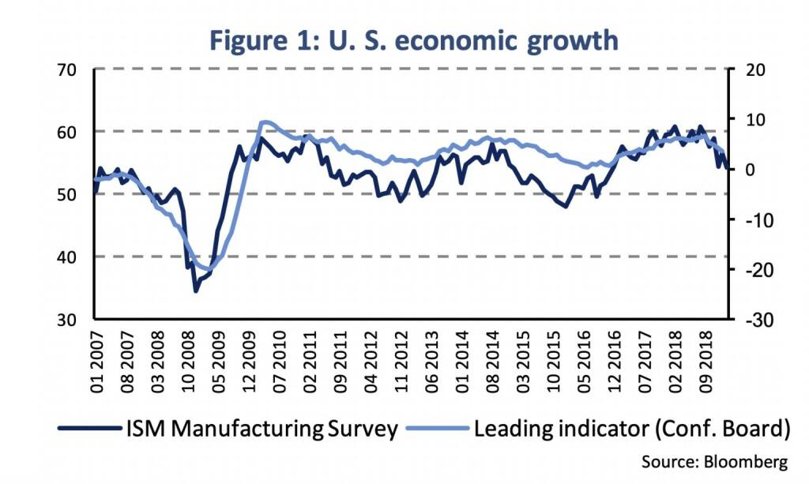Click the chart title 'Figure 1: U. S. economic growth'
click(414, 39)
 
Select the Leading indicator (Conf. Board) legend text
click(632, 430)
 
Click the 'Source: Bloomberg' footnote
click(715, 460)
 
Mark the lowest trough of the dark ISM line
click(196, 291)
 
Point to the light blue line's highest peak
click(265, 122)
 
